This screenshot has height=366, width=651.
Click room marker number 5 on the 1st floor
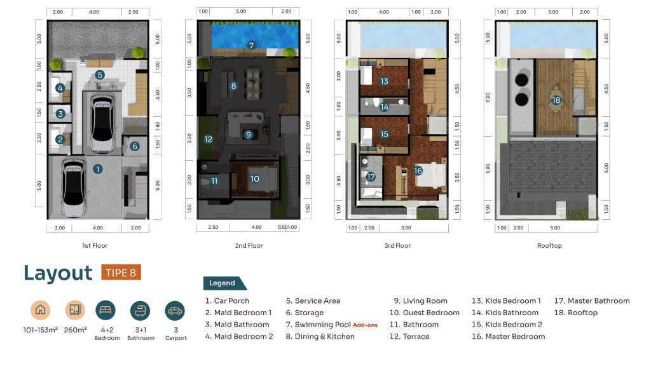click(x=99, y=75)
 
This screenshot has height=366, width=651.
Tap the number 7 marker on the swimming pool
click(x=251, y=45)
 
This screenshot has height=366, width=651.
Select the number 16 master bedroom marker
click(x=418, y=170)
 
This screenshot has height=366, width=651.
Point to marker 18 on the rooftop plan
click(x=556, y=100)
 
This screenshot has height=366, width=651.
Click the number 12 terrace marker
click(x=209, y=139)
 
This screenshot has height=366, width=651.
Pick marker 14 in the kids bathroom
click(x=385, y=107)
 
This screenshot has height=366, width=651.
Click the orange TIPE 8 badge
click(x=121, y=273)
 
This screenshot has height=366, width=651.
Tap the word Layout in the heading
click(x=58, y=273)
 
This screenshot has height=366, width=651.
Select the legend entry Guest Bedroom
click(x=424, y=313)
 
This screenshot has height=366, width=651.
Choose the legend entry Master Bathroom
click(x=592, y=301)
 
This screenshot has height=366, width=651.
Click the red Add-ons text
click(x=366, y=325)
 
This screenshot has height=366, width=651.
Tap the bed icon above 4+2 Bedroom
click(x=106, y=310)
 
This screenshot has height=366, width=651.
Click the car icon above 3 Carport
click(x=175, y=311)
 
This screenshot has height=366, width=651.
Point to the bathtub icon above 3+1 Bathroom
click(x=140, y=311)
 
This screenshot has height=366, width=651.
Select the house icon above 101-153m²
click(x=40, y=310)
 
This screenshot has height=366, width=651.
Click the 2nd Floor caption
click(x=249, y=246)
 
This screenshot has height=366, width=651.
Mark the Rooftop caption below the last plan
click(x=549, y=246)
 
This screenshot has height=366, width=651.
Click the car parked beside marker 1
click(x=74, y=188)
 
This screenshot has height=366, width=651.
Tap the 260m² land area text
click(x=75, y=330)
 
